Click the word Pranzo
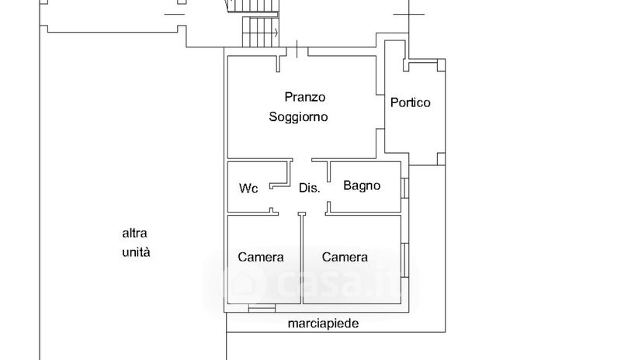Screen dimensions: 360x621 click(305, 97)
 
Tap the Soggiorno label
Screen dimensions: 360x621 click(298, 117)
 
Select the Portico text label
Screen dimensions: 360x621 click(411, 102)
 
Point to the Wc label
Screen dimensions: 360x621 click(248, 188)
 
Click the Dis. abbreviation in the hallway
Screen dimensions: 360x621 click(310, 188)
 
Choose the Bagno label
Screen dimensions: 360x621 click(362, 185)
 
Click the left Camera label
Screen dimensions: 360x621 click(261, 258)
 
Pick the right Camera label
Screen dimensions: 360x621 click(345, 258)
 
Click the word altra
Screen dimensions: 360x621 click(135, 233)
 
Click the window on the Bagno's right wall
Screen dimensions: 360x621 click(404, 188)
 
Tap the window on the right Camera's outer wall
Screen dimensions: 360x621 click(404, 256)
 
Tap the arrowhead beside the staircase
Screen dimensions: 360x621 click(276, 33)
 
